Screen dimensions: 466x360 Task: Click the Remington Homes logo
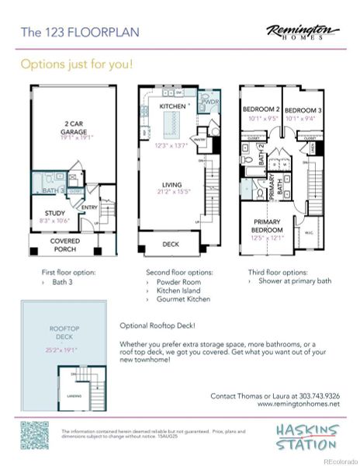[x=303, y=32]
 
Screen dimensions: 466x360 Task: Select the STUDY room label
[x=54, y=215]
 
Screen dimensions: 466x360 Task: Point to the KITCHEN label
[x=172, y=106]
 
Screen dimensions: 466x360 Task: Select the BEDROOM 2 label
[x=259, y=110]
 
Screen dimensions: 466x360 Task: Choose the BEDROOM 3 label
[x=301, y=110]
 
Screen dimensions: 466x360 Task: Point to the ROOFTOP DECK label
[x=62, y=332]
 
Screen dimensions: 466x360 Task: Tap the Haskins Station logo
[x=306, y=434]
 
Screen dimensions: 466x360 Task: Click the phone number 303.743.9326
[x=318, y=395]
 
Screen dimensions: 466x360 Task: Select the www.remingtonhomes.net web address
[x=298, y=404]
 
